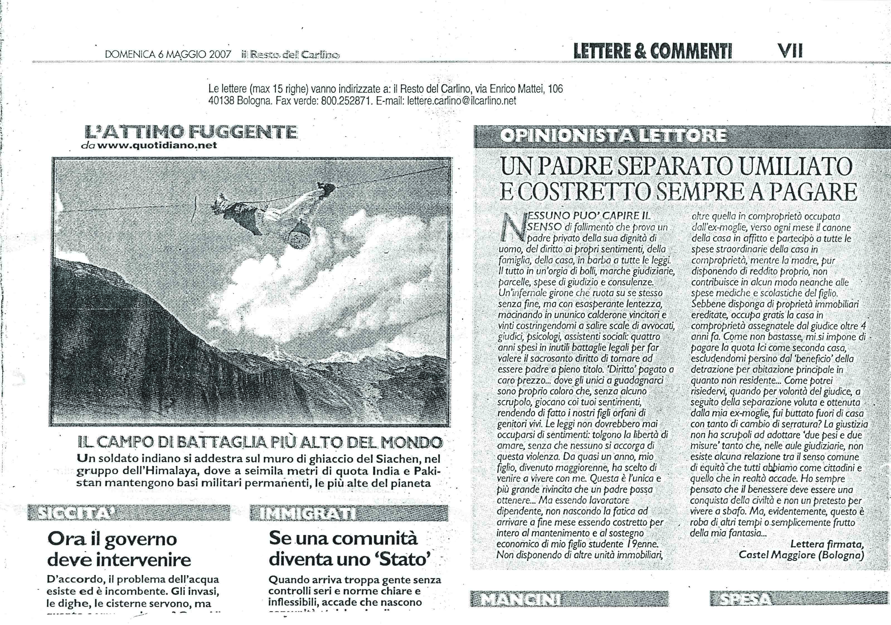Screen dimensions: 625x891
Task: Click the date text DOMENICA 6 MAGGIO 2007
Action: point(168,54)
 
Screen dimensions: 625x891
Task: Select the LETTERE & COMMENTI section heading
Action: point(653,51)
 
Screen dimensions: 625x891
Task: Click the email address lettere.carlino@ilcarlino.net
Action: point(462,101)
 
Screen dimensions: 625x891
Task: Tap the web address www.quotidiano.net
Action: point(157,146)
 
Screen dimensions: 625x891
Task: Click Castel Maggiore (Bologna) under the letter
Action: point(801,555)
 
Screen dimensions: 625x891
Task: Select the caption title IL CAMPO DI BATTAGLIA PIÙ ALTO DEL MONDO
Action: point(260,442)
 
